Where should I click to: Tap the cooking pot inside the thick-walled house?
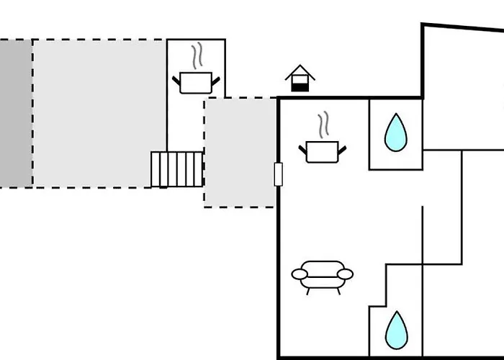tap(322, 151)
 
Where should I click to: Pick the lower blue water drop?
tap(395, 330)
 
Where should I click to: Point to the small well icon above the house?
tap(300, 78)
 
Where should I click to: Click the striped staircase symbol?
tap(177, 169)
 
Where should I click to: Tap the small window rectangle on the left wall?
tap(278, 174)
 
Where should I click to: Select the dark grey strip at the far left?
tap(15, 113)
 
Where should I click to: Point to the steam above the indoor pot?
tap(324, 124)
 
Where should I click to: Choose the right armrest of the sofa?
tap(346, 274)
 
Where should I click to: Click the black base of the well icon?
tap(300, 86)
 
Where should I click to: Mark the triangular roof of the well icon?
tap(300, 71)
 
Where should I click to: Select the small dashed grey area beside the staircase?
tap(240, 153)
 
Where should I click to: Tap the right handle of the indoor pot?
tap(342, 148)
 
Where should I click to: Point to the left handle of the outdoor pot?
tap(176, 78)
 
